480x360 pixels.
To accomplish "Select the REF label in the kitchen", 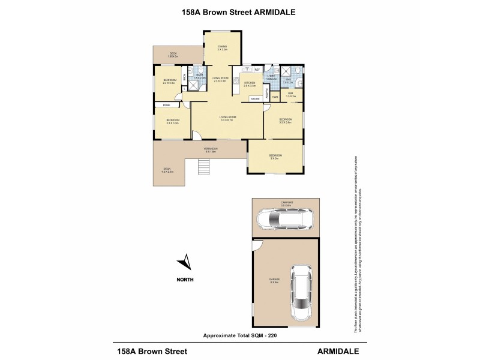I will coord(257,70).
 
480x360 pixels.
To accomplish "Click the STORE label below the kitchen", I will coord(254,98).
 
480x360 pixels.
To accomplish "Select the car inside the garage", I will coord(301,292).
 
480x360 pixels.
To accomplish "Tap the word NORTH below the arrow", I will coord(185,279).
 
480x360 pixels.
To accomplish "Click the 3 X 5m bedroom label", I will coord(275,157).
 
